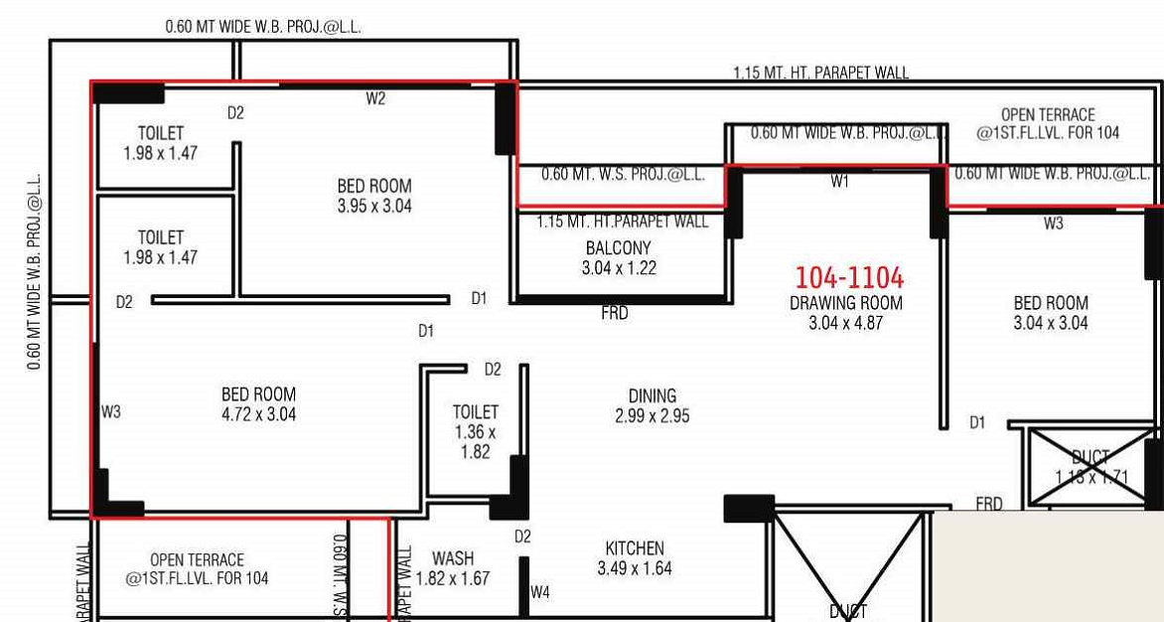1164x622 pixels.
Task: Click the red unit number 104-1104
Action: click(x=849, y=277)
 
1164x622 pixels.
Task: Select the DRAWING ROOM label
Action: click(x=846, y=303)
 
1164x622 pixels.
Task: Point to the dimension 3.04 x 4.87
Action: click(x=846, y=322)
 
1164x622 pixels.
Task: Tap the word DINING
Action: click(x=652, y=395)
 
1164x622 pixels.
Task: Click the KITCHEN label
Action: click(x=635, y=548)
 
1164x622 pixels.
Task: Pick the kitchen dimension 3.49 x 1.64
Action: click(x=635, y=568)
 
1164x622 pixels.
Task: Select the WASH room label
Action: click(x=453, y=558)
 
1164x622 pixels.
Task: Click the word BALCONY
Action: click(x=619, y=247)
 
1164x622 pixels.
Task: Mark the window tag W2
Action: click(x=375, y=98)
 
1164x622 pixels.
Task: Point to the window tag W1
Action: click(x=840, y=182)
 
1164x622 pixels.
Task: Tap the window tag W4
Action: click(x=539, y=592)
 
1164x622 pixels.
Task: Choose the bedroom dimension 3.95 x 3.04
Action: click(x=374, y=207)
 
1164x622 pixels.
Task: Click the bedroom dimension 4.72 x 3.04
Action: click(x=258, y=414)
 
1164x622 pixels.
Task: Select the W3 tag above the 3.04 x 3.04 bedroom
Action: click(x=1053, y=224)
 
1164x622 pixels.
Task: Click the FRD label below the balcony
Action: click(x=615, y=314)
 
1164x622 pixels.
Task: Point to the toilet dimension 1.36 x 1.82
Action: click(x=475, y=441)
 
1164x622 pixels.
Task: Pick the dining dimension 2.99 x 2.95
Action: click(x=652, y=415)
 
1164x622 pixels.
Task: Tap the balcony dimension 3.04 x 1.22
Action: click(x=619, y=267)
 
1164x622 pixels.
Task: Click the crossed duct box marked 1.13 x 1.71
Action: click(x=1090, y=467)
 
